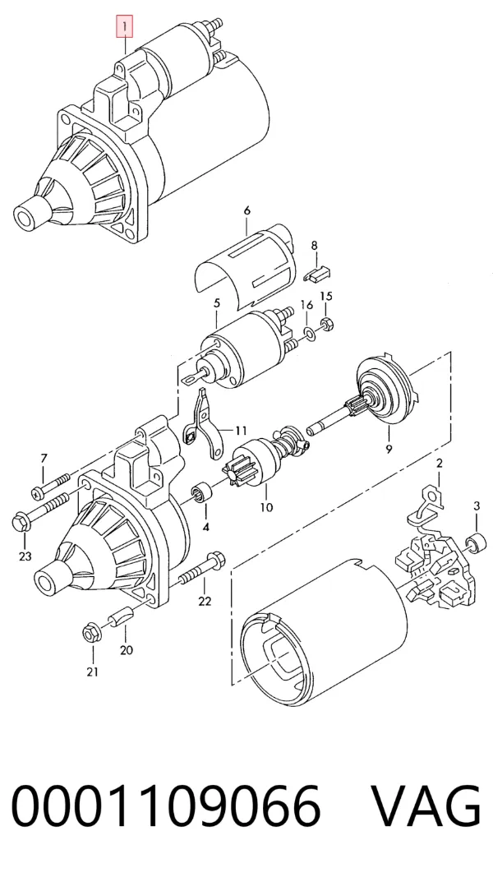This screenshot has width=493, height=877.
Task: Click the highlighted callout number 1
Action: coord(124,25)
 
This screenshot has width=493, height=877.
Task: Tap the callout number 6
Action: coord(247,210)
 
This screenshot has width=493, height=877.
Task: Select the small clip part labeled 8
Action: coord(317,273)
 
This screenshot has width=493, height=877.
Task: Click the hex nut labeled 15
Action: coord(327,323)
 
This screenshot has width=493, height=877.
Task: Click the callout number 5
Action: coord(217,303)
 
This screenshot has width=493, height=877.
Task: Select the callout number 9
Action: coord(389,449)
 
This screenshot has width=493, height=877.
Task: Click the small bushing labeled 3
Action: coord(475,542)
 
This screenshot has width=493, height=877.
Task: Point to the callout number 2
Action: coord(440,463)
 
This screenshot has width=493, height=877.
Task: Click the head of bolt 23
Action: coord(20,523)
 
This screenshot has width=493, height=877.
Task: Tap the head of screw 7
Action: coord(38,493)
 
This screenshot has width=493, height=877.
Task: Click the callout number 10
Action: coord(266,507)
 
